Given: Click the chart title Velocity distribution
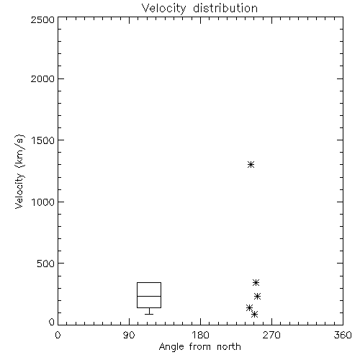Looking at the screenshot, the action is coord(199,9).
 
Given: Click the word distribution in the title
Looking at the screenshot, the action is coord(225,9).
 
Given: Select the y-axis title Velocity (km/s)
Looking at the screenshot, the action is coord(19,171).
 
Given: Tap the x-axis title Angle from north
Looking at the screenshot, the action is coord(199,347).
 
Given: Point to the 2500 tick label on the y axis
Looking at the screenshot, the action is coord(42,19).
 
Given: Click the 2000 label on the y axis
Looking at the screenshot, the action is coord(42,78).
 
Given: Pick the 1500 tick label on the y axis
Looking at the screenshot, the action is coord(43,140).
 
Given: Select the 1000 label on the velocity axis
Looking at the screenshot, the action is coord(43,202).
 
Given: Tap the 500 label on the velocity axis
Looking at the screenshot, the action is coord(46,264).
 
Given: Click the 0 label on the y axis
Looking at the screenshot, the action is coord(52,322).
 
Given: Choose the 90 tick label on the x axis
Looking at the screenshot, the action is coord(129,335).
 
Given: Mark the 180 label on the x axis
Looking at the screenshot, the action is coord(200,335).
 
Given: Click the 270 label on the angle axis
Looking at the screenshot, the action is coord(271,335).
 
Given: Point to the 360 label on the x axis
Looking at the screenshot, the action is coord(343,335).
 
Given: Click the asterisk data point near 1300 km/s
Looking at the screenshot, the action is coord(251,165).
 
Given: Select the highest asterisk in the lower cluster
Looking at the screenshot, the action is coord(256,283).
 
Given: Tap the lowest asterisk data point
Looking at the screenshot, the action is coord(254,314).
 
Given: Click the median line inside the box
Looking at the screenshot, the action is coord(149,296).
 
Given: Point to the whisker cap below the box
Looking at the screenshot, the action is coord(149,314).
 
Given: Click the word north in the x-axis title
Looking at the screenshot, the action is coord(229,347).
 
